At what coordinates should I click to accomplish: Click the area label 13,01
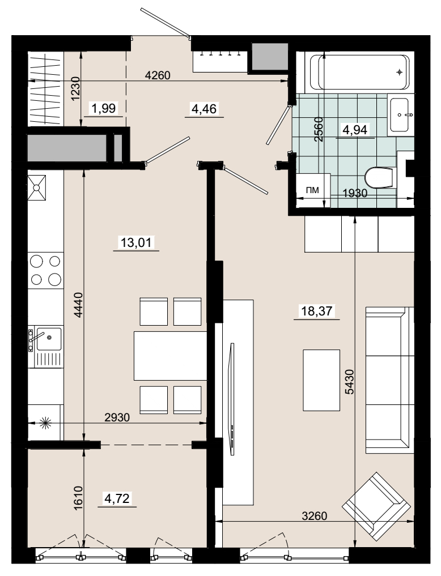(136, 242)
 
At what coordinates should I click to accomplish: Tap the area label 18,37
(316, 311)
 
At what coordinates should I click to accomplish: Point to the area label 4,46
(204, 109)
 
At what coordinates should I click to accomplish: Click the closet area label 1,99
(104, 108)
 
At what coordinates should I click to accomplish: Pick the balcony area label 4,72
(117, 498)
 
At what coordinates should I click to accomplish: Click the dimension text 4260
(158, 75)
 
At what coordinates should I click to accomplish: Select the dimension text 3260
(314, 516)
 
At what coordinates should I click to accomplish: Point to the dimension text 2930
(117, 417)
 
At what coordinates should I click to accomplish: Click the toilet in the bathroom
(381, 178)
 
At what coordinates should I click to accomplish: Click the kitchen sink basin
(49, 339)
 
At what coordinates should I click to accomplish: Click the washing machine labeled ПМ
(313, 190)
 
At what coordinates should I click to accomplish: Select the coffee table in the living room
(321, 380)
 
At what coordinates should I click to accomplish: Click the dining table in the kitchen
(171, 356)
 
